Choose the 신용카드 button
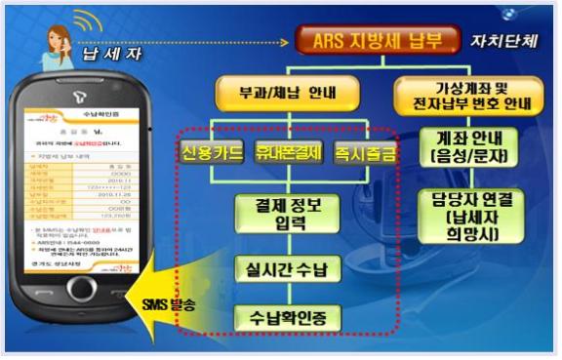click(213, 153)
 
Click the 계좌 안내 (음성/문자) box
click(467, 147)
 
